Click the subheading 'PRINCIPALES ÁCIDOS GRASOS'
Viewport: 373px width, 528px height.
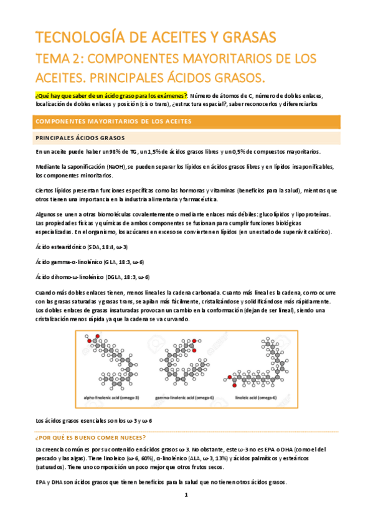80,138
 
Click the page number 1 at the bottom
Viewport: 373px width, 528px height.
186,512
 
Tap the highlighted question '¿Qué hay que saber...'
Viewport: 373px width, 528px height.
111,96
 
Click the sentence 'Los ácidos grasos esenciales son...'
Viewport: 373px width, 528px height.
93,403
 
